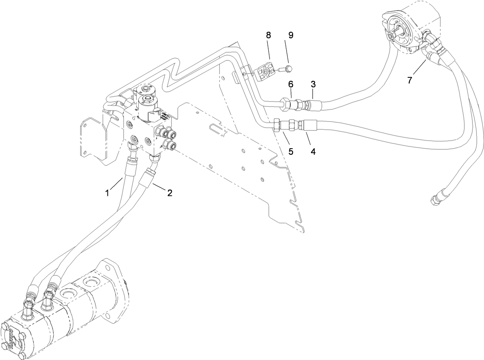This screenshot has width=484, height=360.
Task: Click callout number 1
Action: click(x=107, y=193)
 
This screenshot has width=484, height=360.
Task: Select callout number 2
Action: click(x=169, y=193)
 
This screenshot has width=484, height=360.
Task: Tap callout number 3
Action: click(x=313, y=84)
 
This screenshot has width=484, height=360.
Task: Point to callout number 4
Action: click(x=313, y=151)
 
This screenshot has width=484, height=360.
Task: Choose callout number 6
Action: click(x=291, y=84)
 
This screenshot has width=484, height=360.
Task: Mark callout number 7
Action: click(x=410, y=79)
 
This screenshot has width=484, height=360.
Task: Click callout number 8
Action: click(x=268, y=35)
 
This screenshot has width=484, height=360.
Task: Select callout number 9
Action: click(x=291, y=35)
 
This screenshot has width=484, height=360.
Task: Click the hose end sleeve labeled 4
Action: click(x=307, y=125)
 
